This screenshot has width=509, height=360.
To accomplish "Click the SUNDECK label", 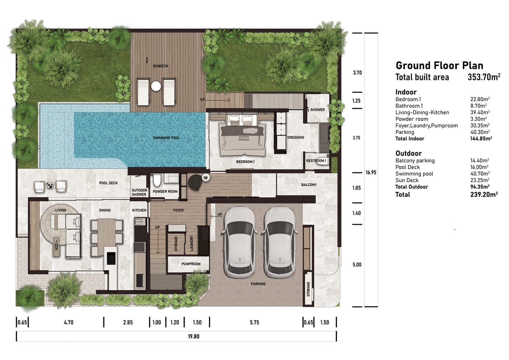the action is pos(160,66).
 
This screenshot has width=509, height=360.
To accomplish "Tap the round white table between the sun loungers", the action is pos(156,86).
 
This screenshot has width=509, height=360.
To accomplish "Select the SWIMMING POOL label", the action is pos(166,138).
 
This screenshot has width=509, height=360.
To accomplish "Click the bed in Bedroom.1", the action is pos(242,135).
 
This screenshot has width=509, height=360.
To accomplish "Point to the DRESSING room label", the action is pos(296,137).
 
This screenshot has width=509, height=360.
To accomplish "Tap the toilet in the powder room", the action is pos(157,180).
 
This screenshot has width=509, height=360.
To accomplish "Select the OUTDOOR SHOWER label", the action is pos(139,192).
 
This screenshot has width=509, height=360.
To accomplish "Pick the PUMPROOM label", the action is pos(191,264).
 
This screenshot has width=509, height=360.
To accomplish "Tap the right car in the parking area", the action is pos(280,242).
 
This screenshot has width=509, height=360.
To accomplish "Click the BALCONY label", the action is pos(309,185).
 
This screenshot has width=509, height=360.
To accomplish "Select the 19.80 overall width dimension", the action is pos(194,337).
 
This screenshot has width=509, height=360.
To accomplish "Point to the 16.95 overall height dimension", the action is pos(371,172).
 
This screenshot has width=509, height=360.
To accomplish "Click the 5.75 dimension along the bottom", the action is pos(254,323).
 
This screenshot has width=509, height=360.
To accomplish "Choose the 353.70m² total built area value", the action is pos(484,77).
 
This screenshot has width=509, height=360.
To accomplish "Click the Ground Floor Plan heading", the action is pos(440,65).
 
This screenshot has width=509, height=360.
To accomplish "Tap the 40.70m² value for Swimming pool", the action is pos(480,174).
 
